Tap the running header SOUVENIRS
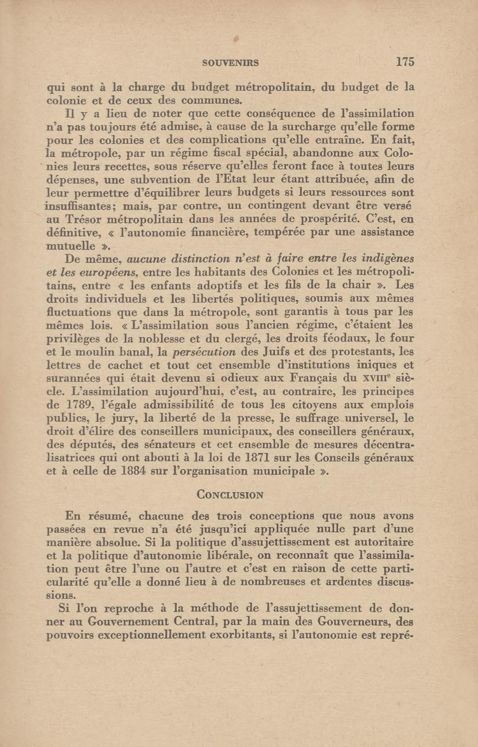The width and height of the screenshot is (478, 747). click(230, 63)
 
